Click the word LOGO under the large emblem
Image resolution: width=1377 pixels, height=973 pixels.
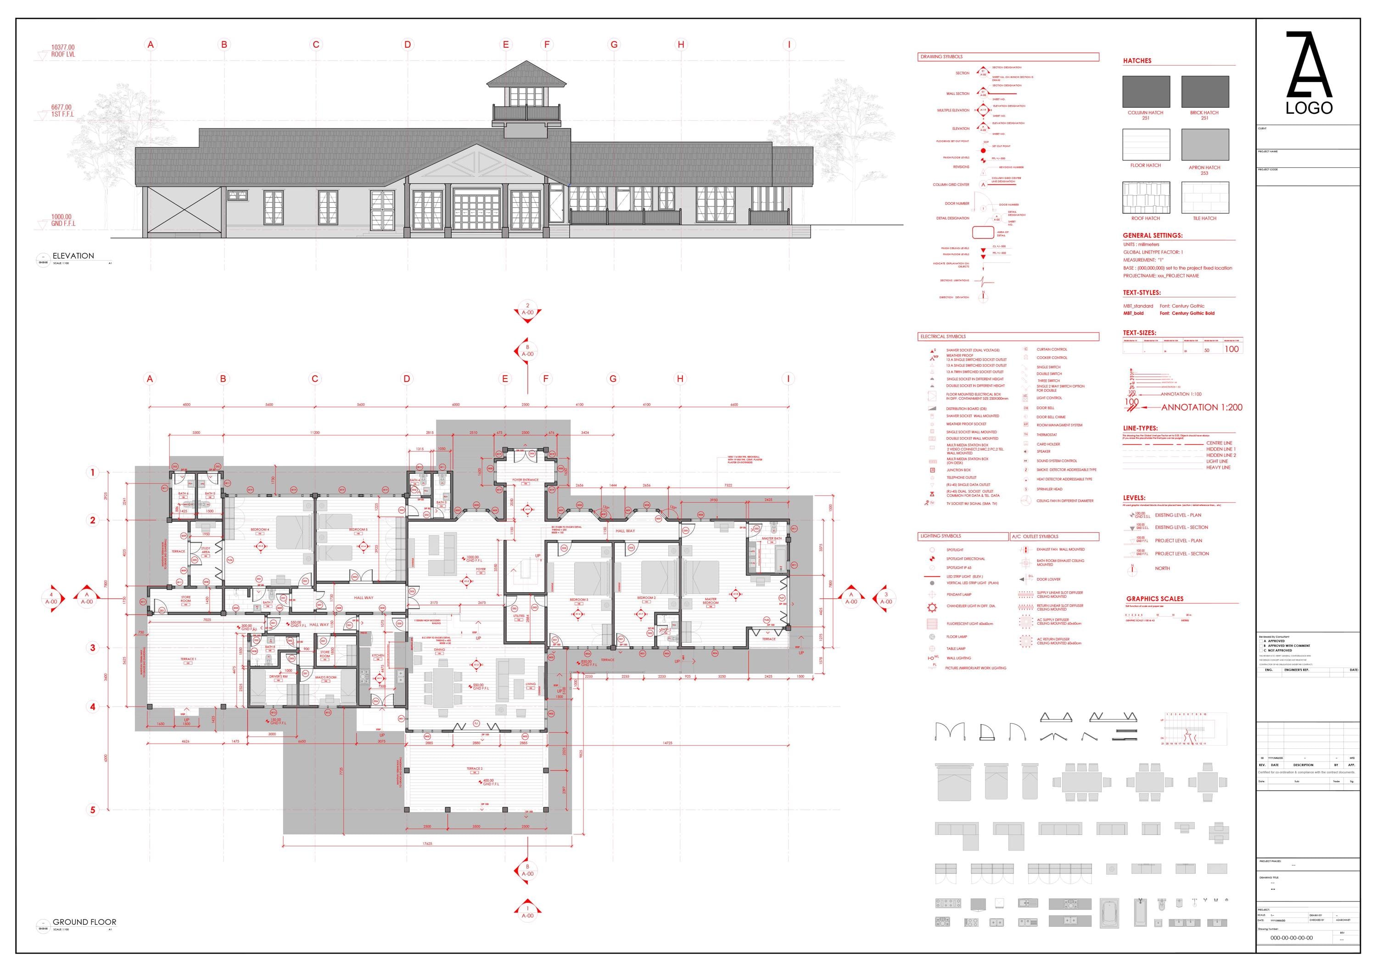tap(1309, 108)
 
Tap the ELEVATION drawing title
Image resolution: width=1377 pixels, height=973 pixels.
tap(73, 256)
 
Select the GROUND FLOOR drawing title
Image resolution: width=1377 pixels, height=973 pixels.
tap(84, 922)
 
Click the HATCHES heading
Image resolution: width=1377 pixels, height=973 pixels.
tap(1137, 61)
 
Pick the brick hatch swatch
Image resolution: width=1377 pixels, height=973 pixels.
tap(1205, 92)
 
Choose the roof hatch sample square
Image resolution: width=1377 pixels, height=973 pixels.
tap(1146, 197)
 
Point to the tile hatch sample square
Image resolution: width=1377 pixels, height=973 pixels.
tap(1205, 197)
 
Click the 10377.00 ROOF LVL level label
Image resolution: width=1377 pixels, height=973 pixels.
tap(62, 50)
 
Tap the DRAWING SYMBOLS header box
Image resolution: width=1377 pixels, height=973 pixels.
tap(1008, 57)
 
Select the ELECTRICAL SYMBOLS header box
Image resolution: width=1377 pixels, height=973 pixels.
tap(1008, 336)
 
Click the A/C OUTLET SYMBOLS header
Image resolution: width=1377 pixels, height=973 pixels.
tap(1054, 537)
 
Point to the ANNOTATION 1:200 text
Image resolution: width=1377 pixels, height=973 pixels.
tap(1201, 408)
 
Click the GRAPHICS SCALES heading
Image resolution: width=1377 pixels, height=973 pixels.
tap(1154, 599)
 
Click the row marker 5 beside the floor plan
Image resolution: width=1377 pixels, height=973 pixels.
tap(92, 810)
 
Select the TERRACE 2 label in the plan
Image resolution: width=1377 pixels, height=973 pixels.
tap(475, 768)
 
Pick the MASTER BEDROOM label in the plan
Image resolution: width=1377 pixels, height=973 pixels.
tap(710, 600)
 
